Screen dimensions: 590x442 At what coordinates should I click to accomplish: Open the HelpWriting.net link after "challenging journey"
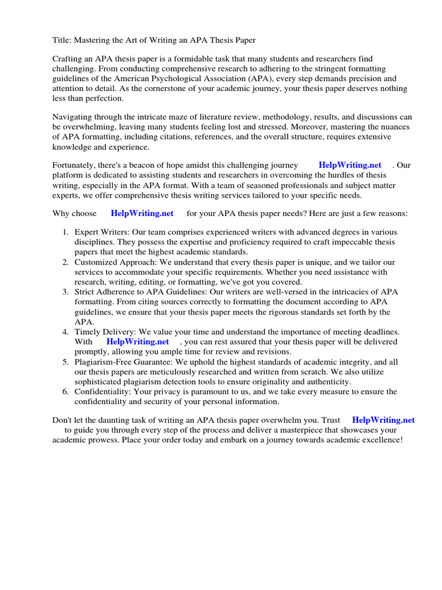pyautogui.click(x=350, y=165)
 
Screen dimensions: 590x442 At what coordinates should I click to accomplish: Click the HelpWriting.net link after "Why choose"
pyautogui.click(x=142, y=213)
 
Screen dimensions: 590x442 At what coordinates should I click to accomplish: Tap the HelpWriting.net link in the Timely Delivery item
pyautogui.click(x=138, y=342)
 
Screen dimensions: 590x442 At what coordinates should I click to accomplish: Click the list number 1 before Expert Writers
pyautogui.click(x=65, y=232)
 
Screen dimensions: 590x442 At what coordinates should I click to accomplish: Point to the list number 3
pyautogui.click(x=65, y=292)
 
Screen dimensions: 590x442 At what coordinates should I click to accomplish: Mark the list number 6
pyautogui.click(x=65, y=392)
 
